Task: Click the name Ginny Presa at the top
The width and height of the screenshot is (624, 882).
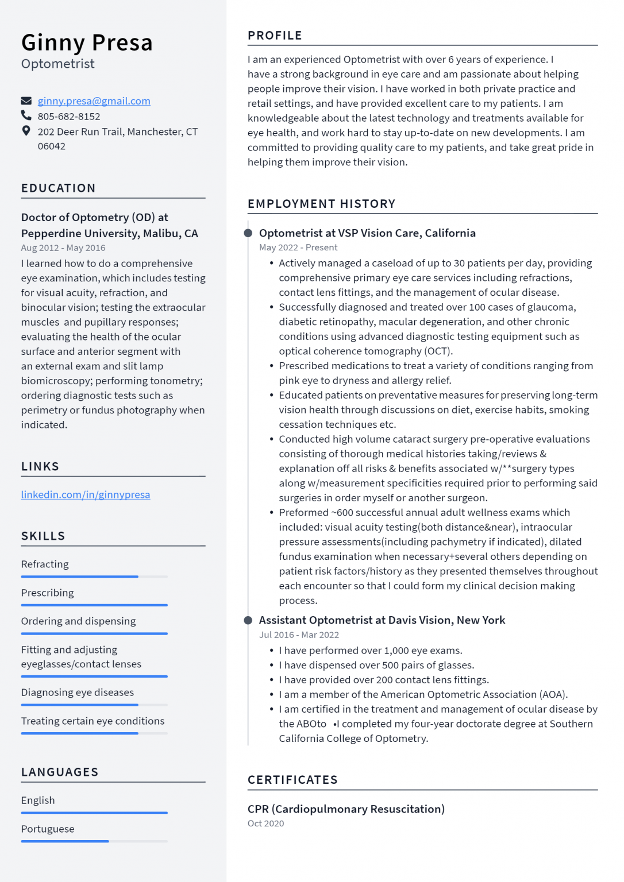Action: pyautogui.click(x=87, y=43)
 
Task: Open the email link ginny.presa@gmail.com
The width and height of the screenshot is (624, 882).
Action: pyautogui.click(x=94, y=101)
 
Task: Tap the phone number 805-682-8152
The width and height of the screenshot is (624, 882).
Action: pyautogui.click(x=69, y=117)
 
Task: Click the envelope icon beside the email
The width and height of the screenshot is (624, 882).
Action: pyautogui.click(x=26, y=101)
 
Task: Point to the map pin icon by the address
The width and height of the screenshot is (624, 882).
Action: pyautogui.click(x=26, y=131)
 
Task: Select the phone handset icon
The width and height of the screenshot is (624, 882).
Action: pyautogui.click(x=26, y=116)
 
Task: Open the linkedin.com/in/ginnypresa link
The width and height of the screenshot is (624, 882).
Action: pyautogui.click(x=86, y=494)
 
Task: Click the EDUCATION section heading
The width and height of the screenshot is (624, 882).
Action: pyautogui.click(x=59, y=188)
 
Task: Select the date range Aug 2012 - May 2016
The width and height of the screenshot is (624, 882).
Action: pyautogui.click(x=63, y=248)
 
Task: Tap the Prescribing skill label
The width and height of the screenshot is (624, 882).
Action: pyautogui.click(x=48, y=593)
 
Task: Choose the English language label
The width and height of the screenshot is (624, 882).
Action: pyautogui.click(x=38, y=800)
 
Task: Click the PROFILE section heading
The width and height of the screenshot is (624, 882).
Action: pyautogui.click(x=275, y=36)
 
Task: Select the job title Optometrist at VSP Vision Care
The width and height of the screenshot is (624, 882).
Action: pyautogui.click(x=367, y=233)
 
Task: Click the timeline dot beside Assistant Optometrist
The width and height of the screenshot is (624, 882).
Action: pyautogui.click(x=248, y=620)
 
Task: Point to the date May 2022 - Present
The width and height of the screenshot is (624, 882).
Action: pyautogui.click(x=298, y=247)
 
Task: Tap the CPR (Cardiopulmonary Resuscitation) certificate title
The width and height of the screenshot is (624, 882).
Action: pyautogui.click(x=346, y=809)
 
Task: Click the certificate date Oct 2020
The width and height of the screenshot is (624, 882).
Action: pyautogui.click(x=265, y=823)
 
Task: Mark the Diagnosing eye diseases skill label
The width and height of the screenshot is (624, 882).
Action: pyautogui.click(x=78, y=693)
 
